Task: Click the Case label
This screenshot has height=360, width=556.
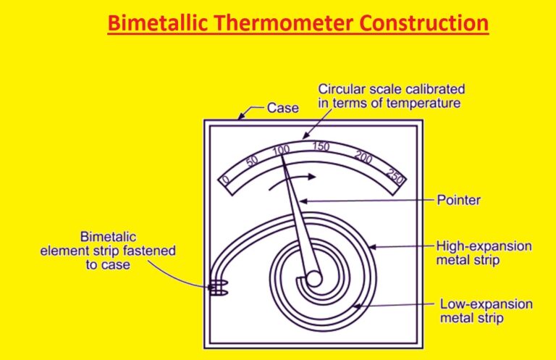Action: click(282, 108)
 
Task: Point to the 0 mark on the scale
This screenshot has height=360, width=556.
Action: click(225, 180)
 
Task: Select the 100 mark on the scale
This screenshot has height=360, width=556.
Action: click(281, 150)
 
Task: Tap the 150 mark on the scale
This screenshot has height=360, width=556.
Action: click(321, 147)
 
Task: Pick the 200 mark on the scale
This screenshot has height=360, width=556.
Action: click(363, 156)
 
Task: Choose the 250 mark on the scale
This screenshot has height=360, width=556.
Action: click(395, 175)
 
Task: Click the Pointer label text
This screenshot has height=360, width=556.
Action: click(458, 199)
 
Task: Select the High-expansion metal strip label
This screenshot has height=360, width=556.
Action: click(484, 253)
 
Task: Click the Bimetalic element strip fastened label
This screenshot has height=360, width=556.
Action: click(107, 251)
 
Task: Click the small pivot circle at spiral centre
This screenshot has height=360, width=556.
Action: click(313, 278)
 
